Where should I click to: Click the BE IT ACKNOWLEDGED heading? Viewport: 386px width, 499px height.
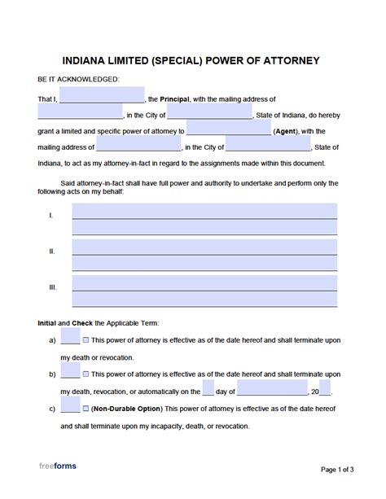78,79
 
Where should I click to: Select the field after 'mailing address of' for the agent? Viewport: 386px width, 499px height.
139,147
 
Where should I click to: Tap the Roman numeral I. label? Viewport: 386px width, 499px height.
51,215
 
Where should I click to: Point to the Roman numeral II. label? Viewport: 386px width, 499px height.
52,252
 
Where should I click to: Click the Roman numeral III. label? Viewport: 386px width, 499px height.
53,287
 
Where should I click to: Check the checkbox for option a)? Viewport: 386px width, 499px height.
86,339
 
